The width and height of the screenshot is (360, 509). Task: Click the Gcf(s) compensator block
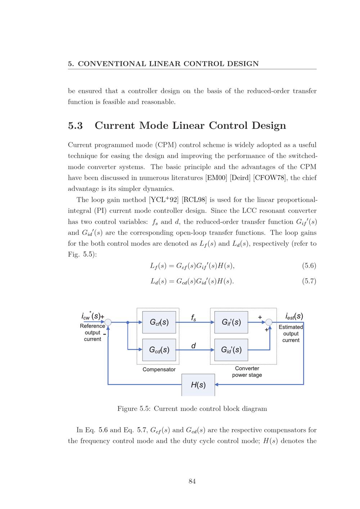point(159,322)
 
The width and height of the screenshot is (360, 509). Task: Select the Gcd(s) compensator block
point(159,350)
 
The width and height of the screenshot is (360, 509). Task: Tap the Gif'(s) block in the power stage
point(231,322)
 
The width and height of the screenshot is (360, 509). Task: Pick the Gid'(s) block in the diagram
point(231,350)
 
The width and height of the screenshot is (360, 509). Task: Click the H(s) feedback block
point(198,385)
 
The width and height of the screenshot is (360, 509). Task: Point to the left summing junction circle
point(108,322)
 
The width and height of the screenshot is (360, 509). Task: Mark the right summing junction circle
point(269,322)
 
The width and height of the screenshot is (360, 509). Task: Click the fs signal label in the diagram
point(193,318)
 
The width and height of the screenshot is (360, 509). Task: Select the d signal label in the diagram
point(193,346)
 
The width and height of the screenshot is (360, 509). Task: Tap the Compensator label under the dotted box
point(159,369)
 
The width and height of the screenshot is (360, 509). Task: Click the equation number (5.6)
point(309,266)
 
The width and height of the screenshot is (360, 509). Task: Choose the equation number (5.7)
point(309,281)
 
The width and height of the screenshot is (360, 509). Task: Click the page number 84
point(192,481)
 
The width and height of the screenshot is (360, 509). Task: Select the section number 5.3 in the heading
point(75,126)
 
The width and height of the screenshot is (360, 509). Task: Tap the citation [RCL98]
point(194,200)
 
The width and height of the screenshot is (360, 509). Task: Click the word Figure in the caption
point(127,409)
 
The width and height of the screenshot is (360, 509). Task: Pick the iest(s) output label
point(294,317)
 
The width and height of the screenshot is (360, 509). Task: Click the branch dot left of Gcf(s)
point(128,322)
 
